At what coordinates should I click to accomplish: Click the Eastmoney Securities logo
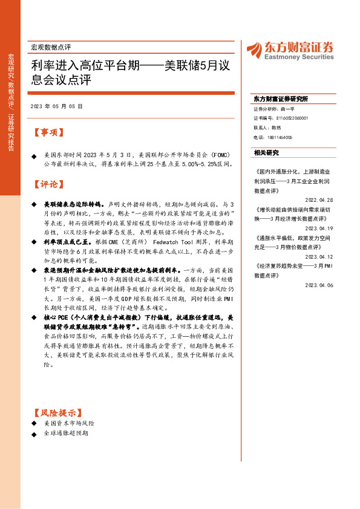(x=290, y=50)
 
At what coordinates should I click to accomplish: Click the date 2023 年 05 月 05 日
(x=56, y=106)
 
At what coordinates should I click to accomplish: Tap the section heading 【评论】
(x=46, y=184)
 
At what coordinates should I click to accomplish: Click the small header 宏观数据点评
(x=50, y=47)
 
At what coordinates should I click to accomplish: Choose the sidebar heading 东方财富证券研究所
(x=281, y=99)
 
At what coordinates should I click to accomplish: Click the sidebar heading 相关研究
(x=267, y=152)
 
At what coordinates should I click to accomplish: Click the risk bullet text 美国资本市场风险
(x=70, y=423)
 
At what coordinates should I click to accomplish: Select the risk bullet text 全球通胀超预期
(x=66, y=433)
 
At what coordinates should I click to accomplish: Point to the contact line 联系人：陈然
(x=267, y=128)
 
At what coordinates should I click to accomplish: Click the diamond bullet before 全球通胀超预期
(x=34, y=433)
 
